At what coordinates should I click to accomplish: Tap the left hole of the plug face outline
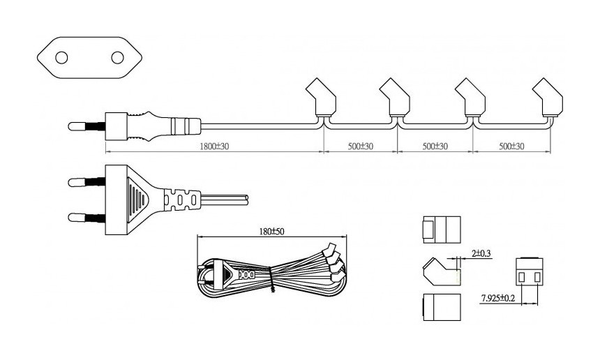61,57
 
